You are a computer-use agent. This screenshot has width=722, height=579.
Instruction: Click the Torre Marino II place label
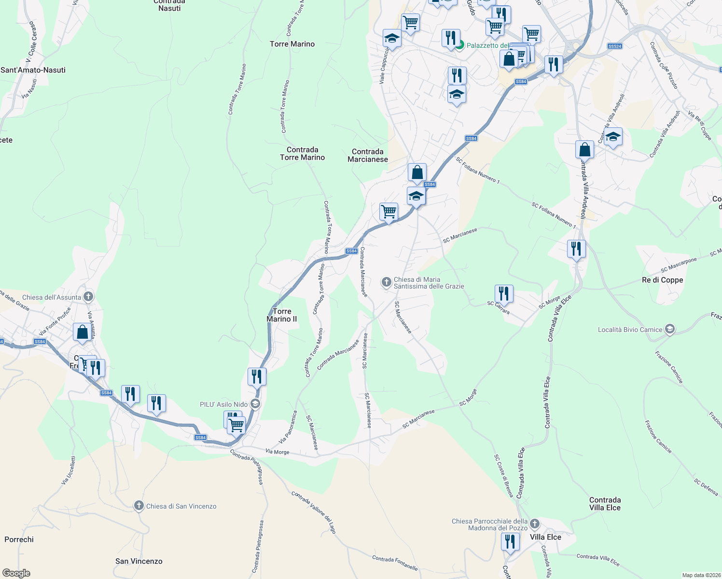click(x=282, y=315)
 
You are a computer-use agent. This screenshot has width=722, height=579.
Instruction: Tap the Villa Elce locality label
click(x=545, y=537)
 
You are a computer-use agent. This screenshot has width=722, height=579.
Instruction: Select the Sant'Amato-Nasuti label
click(x=33, y=70)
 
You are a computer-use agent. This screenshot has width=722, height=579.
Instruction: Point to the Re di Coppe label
click(x=662, y=280)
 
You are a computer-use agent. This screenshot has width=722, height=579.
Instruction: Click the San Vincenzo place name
click(x=139, y=561)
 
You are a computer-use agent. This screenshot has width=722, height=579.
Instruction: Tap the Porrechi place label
click(x=19, y=539)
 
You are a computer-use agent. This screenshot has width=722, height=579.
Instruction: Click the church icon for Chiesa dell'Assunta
click(x=88, y=296)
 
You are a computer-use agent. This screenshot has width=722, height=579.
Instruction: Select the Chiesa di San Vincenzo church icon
click(x=139, y=506)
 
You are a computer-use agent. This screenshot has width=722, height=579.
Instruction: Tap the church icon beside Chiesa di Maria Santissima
click(x=386, y=282)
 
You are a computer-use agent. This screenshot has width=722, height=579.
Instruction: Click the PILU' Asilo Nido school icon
click(x=255, y=404)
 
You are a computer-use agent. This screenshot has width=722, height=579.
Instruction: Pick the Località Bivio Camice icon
click(x=669, y=329)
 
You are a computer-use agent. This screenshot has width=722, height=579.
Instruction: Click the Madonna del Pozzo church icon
click(x=534, y=524)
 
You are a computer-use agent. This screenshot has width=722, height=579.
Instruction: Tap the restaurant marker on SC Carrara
click(x=503, y=293)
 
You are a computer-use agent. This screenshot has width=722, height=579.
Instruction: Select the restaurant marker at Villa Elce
click(x=510, y=541)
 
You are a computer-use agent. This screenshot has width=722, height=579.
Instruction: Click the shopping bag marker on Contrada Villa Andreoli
click(x=584, y=150)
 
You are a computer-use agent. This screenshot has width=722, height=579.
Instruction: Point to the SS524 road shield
click(x=614, y=46)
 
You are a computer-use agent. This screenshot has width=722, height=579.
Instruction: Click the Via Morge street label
click(x=277, y=452)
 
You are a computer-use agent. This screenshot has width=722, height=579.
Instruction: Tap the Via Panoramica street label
click(x=288, y=427)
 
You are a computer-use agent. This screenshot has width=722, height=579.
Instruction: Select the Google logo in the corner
click(x=16, y=573)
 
